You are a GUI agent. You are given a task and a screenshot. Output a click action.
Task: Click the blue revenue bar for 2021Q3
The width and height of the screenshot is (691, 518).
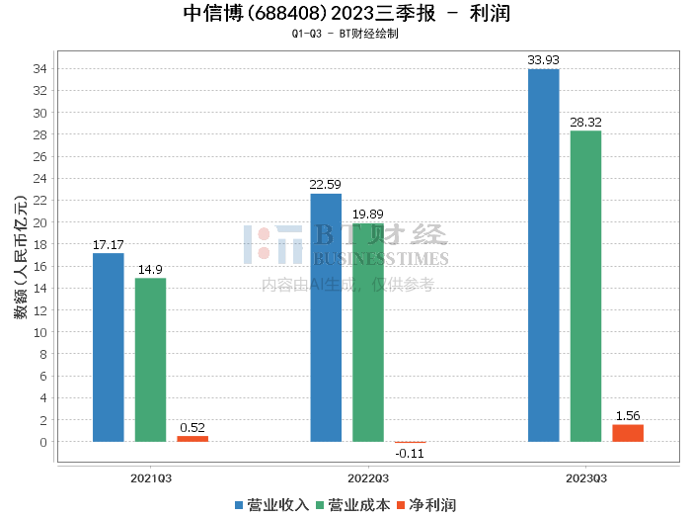click(x=109, y=347)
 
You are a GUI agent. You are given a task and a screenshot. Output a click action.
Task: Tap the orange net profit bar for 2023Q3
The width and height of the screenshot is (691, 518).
click(x=628, y=433)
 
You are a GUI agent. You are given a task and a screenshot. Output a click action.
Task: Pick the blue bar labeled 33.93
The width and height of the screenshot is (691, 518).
click(x=543, y=255)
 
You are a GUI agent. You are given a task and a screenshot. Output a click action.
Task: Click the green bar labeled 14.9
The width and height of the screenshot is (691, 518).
click(x=150, y=360)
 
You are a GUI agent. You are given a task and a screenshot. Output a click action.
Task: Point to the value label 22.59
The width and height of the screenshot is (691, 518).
click(x=326, y=184)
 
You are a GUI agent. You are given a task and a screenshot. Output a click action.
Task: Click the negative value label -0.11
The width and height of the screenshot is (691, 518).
click(x=410, y=454)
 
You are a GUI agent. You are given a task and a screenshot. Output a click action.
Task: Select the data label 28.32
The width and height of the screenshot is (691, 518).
click(x=585, y=122)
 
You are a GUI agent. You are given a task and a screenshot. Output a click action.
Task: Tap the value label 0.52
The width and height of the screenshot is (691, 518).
click(x=192, y=427)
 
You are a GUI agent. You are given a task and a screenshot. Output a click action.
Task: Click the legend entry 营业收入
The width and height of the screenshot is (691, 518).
click(x=272, y=504)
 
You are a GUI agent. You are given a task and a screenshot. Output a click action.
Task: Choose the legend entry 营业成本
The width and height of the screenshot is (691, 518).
click(x=352, y=504)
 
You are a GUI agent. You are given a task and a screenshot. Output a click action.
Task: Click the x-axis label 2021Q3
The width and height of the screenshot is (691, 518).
click(x=151, y=476)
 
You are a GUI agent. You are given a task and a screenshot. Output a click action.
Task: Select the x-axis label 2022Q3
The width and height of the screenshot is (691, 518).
click(x=368, y=476)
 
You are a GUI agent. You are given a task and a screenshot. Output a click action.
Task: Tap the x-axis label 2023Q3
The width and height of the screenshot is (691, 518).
click(x=585, y=476)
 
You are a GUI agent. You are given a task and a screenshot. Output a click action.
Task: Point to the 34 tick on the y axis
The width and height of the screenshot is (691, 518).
click(x=42, y=69)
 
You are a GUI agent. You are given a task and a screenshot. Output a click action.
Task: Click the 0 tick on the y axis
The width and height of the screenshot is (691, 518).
click(x=45, y=442)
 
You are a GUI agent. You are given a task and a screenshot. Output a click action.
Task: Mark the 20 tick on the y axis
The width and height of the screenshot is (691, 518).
click(x=42, y=222)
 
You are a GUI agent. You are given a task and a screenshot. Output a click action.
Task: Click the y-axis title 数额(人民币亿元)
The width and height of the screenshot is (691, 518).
click(x=20, y=255)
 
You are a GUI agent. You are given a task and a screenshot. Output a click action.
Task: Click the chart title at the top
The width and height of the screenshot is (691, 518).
click(x=345, y=13)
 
